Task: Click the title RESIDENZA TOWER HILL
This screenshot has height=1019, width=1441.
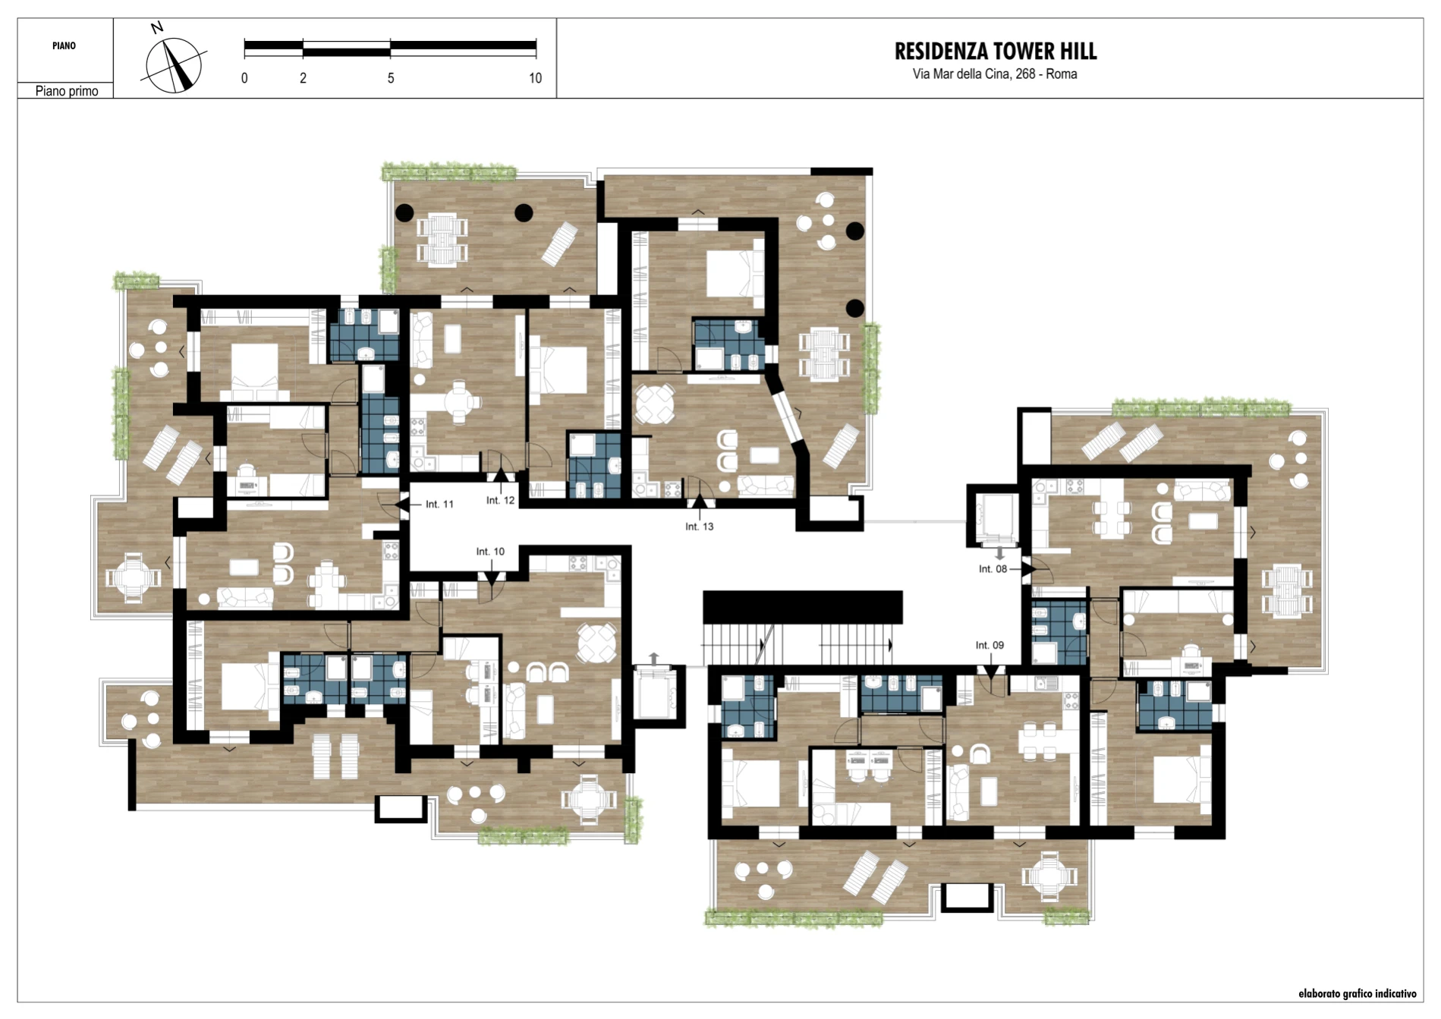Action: pyautogui.click(x=995, y=52)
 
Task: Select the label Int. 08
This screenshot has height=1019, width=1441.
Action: pyautogui.click(x=993, y=569)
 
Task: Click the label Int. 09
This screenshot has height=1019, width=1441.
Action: pyautogui.click(x=990, y=646)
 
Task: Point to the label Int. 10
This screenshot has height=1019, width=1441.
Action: pyautogui.click(x=490, y=552)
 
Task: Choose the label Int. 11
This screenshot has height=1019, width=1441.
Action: pyautogui.click(x=439, y=504)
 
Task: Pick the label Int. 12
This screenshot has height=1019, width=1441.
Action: pyautogui.click(x=500, y=501)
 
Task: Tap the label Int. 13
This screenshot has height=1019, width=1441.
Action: pyautogui.click(x=699, y=527)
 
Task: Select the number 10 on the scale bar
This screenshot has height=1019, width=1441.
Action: pyautogui.click(x=535, y=78)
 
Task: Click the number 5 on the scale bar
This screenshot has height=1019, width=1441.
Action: pyautogui.click(x=391, y=78)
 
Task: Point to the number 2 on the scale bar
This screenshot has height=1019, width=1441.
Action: pyautogui.click(x=303, y=78)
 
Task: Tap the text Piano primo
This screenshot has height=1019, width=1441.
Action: pyautogui.click(x=67, y=91)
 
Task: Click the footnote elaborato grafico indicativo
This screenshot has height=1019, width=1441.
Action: pyautogui.click(x=1357, y=993)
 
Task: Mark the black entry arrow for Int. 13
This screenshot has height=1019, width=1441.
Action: pyautogui.click(x=699, y=501)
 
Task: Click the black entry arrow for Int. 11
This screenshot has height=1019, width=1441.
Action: pyautogui.click(x=402, y=504)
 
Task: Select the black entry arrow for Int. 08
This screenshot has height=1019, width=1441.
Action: pyautogui.click(x=1029, y=568)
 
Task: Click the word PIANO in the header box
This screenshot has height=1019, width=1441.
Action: pyautogui.click(x=64, y=46)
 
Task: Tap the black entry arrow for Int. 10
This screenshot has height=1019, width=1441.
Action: pyautogui.click(x=491, y=579)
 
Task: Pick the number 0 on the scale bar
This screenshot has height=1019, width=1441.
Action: pyautogui.click(x=244, y=78)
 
